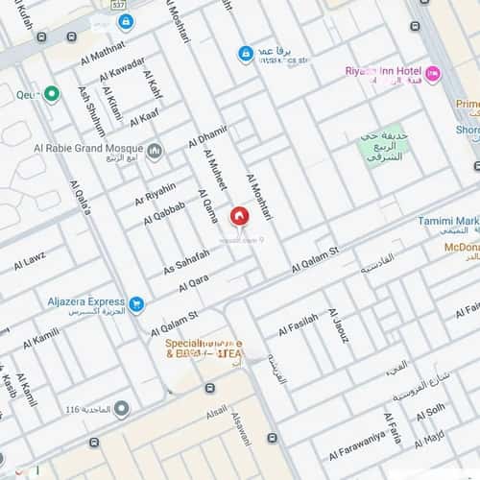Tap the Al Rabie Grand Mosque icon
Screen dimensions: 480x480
tap(155, 149)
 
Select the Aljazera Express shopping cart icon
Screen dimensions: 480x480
tap(137, 304)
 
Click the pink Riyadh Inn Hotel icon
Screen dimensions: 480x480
tap(433, 73)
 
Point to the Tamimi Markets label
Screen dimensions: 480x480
tap(447, 221)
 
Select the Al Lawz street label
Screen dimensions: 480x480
tap(29, 261)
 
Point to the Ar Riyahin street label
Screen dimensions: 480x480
tap(156, 193)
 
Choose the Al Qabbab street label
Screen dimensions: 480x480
tap(163, 212)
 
